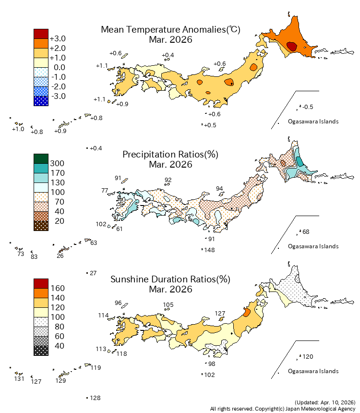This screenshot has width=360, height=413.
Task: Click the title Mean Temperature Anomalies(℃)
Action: coord(170,29)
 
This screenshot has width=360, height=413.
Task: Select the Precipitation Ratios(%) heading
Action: coord(170,154)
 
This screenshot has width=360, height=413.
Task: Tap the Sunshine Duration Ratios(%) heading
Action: coord(170,279)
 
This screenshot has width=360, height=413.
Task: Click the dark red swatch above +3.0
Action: coord(41,34)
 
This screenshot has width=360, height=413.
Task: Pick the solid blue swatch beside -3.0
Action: coord(41,101)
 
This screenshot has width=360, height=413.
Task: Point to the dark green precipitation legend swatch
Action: coord(41,158)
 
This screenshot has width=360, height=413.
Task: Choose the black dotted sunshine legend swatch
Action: coord(41,351)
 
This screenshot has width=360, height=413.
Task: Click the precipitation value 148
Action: coord(209,250)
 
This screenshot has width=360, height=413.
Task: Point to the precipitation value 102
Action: coord(101,224)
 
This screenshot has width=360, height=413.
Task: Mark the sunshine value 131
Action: coord(19,379)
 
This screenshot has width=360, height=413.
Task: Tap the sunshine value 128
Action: coord(95,398)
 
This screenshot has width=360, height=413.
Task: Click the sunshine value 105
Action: coord(168,304)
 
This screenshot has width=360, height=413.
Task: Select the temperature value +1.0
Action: coord(18,129)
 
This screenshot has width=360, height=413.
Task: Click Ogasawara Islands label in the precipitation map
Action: coord(313,246)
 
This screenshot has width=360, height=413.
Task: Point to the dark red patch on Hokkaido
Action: coord(291,46)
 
